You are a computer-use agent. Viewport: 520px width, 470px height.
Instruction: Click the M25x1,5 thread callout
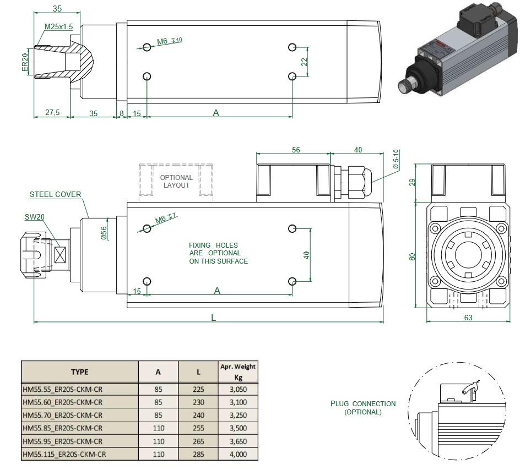tap(58, 26)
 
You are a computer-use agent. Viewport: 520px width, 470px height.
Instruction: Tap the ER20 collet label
tap(25, 62)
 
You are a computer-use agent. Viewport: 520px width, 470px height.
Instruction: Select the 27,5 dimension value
tap(52, 113)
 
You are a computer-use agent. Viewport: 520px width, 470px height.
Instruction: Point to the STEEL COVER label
tap(56, 194)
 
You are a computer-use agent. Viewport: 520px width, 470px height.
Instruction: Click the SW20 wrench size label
tap(35, 217)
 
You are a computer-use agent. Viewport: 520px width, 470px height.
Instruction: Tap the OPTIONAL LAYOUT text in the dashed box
tap(176, 182)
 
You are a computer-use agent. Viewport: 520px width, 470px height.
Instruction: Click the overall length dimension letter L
tap(213, 318)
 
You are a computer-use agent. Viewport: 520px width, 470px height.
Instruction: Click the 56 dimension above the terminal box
tap(296, 150)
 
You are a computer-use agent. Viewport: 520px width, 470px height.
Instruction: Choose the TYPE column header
tap(79, 371)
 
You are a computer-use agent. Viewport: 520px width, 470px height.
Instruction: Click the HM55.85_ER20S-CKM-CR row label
tap(62, 428)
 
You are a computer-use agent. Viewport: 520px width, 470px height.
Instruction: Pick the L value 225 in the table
tap(198, 389)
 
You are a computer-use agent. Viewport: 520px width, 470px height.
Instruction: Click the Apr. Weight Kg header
tap(238, 371)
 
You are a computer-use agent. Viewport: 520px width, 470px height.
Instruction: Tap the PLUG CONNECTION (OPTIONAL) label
tap(363, 408)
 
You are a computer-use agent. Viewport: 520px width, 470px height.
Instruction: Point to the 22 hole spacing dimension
tap(304, 62)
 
